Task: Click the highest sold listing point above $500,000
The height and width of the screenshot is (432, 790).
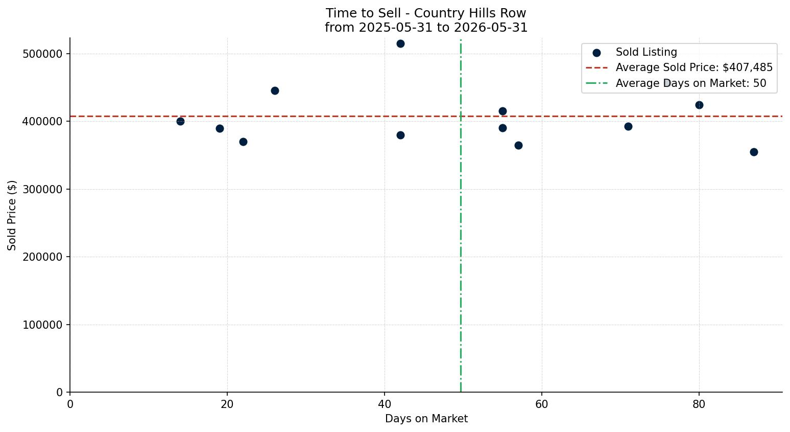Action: click(400, 44)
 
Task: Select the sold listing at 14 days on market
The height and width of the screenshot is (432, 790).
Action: click(180, 121)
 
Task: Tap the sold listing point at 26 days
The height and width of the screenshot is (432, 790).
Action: click(275, 90)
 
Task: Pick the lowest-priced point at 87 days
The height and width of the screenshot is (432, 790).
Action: click(754, 152)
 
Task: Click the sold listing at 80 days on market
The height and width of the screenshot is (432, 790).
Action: click(699, 105)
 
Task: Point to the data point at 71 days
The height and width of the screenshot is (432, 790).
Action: click(628, 127)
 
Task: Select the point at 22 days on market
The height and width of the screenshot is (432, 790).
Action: click(243, 142)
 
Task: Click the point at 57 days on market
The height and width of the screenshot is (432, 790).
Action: click(518, 145)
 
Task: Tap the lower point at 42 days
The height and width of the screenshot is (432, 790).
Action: click(400, 135)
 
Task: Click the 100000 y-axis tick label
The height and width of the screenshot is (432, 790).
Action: click(42, 325)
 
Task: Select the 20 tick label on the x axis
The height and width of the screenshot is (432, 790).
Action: click(227, 404)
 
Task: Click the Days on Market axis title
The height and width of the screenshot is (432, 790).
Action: click(426, 419)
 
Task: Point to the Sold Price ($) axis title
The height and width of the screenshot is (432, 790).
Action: click(12, 215)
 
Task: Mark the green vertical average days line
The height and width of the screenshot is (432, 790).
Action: click(461, 216)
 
